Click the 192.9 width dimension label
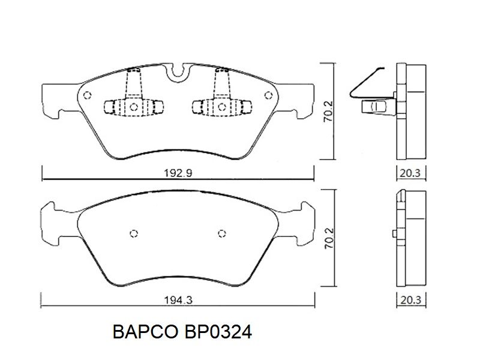[178, 173]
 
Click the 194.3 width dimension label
[178, 300]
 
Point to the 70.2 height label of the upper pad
[328, 112]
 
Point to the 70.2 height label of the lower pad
[329, 238]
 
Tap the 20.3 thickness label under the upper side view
[410, 173]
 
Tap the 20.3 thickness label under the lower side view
[410, 300]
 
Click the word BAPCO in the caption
[145, 332]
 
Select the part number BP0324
[218, 332]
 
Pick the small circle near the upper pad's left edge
[87, 95]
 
